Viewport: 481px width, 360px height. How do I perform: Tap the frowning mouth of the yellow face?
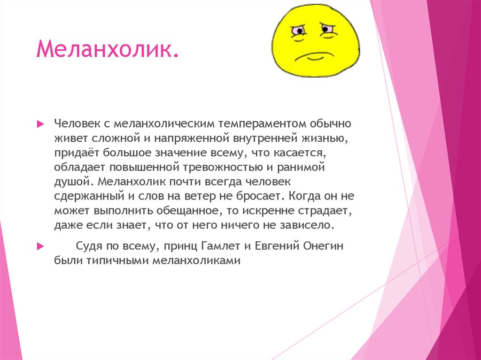coord(314,57)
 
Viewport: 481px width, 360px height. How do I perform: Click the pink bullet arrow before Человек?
coord(40,124)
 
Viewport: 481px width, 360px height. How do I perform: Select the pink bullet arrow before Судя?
coord(40,246)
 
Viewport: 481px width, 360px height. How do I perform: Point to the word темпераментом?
coord(262,123)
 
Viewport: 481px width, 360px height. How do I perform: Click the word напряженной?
coord(192,138)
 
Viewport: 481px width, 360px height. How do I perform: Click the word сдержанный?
coord(89,196)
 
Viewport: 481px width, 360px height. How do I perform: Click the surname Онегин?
coord(323,246)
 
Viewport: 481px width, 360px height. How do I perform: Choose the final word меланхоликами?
coord(196,260)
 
